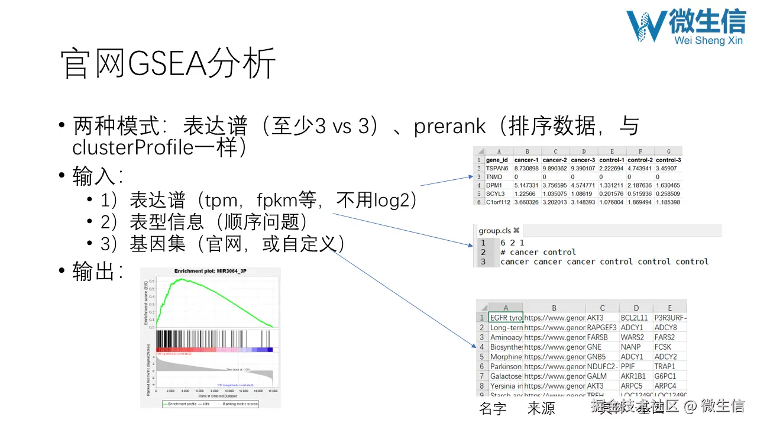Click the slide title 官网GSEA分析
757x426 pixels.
tap(169, 63)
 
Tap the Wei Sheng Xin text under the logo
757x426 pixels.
tap(709, 40)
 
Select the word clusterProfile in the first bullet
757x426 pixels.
tap(133, 147)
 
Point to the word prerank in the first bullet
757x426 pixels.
tap(450, 126)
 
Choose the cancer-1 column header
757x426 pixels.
tap(526, 160)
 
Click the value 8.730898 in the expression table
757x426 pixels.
tap(526, 169)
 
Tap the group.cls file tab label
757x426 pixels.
tap(494, 230)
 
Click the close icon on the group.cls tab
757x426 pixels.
tap(516, 230)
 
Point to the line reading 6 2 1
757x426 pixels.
tap(512, 243)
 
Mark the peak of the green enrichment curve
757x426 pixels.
tap(184, 279)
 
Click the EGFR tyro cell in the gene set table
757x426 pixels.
tap(506, 318)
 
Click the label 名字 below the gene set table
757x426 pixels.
tap(493, 409)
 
